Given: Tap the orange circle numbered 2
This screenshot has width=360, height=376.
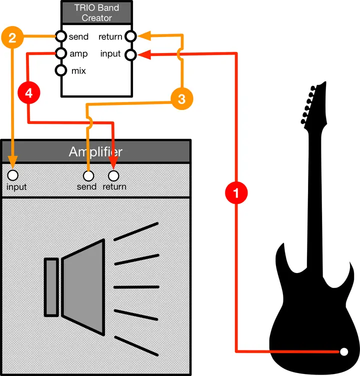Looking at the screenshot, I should point(12,37).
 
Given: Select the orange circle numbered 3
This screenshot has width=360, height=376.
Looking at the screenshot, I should point(181,99).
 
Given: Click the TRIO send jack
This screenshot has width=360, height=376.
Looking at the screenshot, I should point(61,37).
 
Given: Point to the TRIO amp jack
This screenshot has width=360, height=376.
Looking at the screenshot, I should point(61,53).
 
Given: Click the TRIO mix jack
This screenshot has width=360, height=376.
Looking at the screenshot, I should point(61,70).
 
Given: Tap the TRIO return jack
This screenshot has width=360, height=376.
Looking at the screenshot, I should point(130,36).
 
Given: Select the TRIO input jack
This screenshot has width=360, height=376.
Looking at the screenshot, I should point(130,53).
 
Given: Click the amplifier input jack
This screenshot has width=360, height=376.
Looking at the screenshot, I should point(13,175).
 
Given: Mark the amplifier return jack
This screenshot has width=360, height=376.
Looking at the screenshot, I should point(114,176).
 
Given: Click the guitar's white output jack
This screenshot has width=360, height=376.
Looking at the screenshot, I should point(343,351).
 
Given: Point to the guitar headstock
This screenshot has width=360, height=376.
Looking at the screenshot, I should point(313,102).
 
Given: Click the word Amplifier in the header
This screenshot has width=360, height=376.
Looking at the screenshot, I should point(95,151).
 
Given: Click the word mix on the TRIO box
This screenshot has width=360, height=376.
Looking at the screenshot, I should point(78,71).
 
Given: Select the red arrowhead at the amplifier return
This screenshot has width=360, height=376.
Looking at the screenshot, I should point(114,165).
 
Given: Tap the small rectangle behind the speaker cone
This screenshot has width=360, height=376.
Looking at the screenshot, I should point(51,287).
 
